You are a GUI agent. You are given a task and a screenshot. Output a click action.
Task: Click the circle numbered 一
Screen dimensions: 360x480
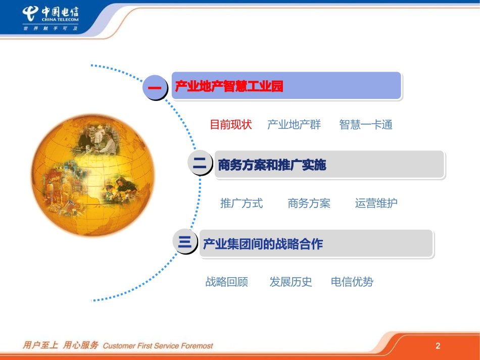[x=155, y=87]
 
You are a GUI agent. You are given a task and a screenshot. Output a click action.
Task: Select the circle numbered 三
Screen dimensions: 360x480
[x=185, y=243]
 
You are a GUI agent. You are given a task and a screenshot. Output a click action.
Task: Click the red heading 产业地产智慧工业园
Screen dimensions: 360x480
[x=229, y=87]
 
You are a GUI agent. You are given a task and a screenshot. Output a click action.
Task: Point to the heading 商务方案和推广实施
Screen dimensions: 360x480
[x=272, y=165]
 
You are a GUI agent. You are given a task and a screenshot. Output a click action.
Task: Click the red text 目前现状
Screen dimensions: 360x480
[x=230, y=125]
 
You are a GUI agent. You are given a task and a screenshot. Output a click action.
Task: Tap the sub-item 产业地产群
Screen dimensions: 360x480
[x=294, y=125]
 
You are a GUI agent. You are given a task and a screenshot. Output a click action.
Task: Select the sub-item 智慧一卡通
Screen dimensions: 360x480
[x=366, y=125]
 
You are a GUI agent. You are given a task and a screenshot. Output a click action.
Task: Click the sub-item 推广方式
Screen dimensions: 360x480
[x=242, y=203]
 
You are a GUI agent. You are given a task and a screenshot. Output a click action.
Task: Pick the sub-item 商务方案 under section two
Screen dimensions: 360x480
[x=309, y=203]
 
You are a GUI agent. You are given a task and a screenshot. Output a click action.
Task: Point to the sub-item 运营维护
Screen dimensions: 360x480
[x=376, y=203]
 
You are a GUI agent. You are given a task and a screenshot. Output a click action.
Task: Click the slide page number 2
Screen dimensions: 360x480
[x=438, y=346]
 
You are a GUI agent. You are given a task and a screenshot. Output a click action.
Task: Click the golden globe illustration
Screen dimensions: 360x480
[x=93, y=174]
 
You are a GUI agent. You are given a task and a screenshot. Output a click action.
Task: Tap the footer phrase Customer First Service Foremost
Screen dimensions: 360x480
[x=158, y=346]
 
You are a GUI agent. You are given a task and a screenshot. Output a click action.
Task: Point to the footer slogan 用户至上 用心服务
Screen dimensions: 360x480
[x=60, y=346]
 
